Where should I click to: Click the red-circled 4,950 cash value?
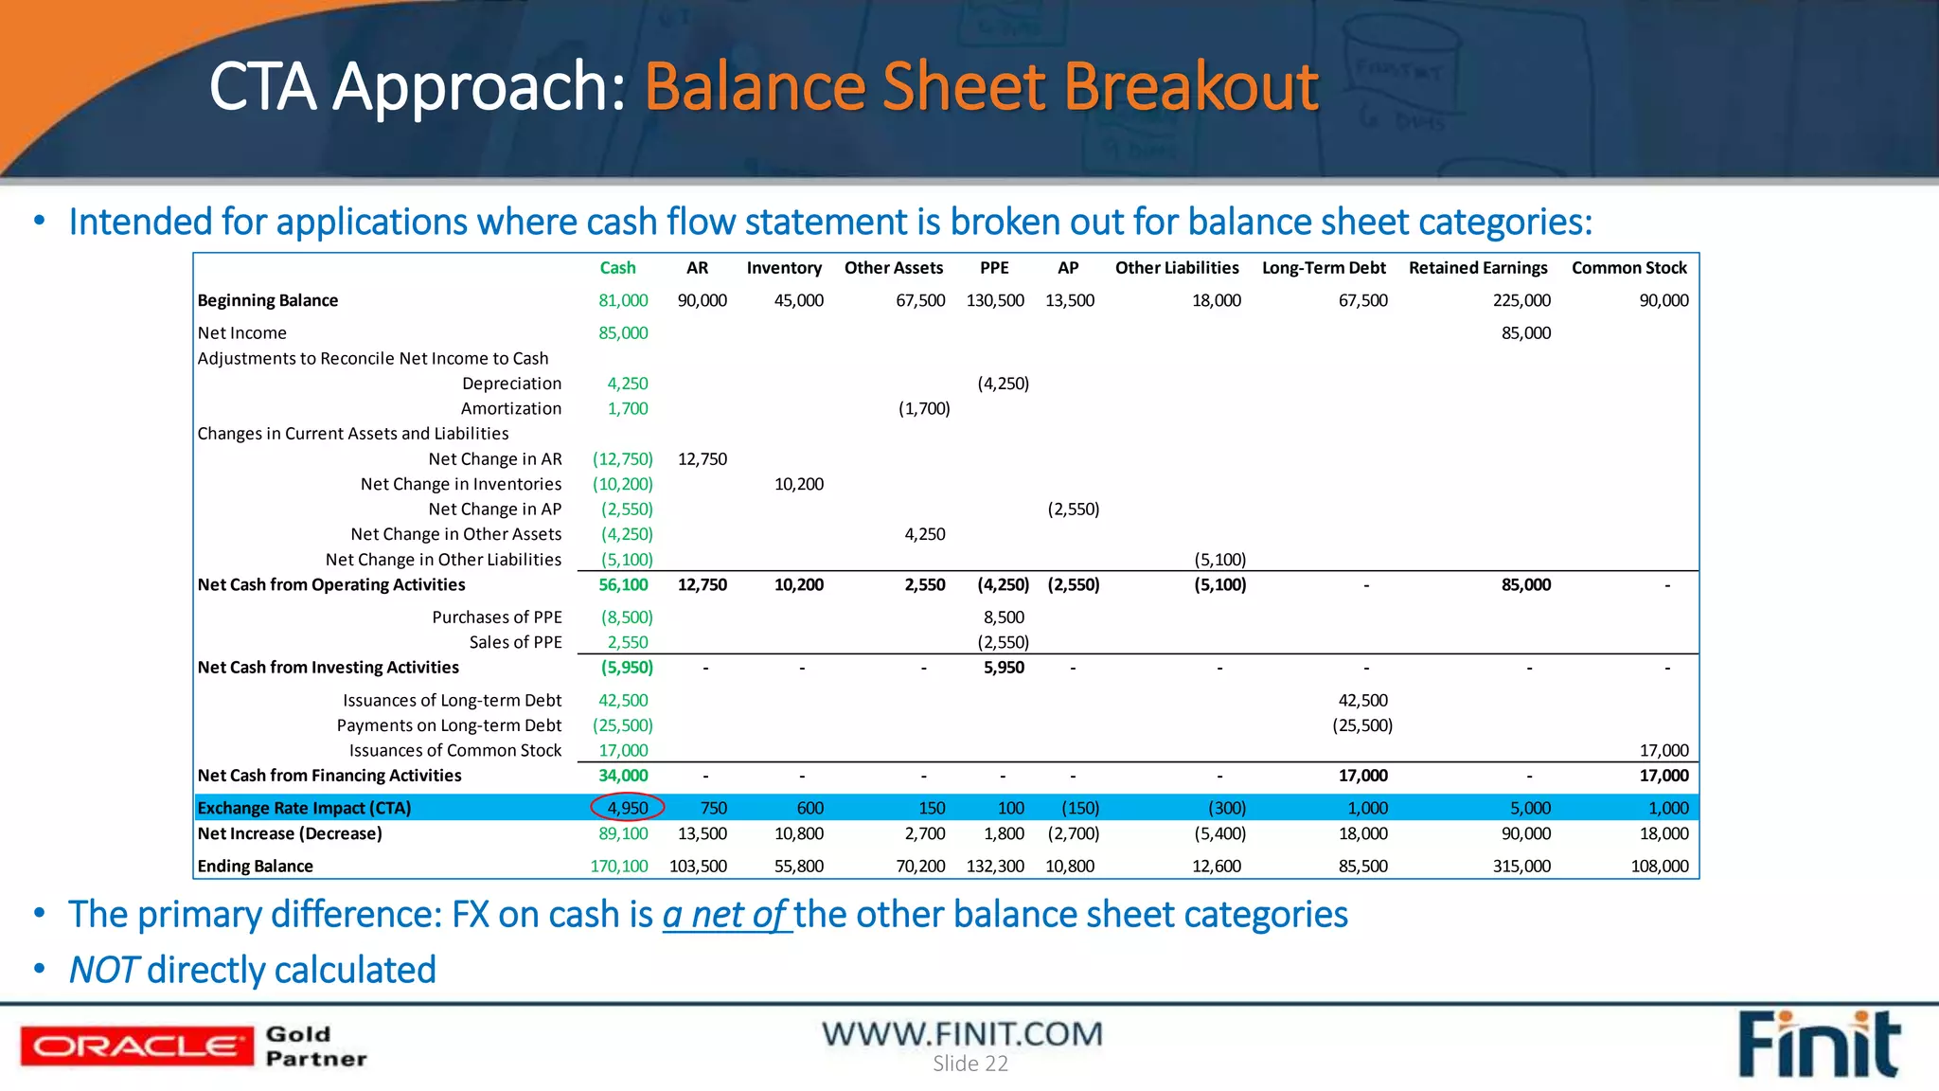(627, 808)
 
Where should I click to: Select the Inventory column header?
(784, 268)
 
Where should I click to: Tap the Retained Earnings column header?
(1477, 268)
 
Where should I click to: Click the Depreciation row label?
(511, 384)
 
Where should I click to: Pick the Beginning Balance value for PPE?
(994, 300)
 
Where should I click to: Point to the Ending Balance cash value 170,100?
(619, 866)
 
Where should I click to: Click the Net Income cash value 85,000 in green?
(623, 333)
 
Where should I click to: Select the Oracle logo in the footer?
(137, 1046)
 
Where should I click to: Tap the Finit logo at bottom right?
(1818, 1046)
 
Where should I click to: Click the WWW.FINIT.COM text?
(962, 1033)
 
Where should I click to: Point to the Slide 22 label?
(969, 1064)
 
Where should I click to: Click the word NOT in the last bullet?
(104, 970)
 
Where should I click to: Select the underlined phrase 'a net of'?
(725, 915)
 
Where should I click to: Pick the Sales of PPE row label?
(515, 642)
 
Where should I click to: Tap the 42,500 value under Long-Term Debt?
(1362, 701)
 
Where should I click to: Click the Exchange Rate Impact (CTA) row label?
(304, 808)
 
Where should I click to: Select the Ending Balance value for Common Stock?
(1659, 866)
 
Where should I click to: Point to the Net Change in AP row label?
(494, 510)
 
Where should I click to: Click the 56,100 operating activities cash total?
(623, 585)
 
